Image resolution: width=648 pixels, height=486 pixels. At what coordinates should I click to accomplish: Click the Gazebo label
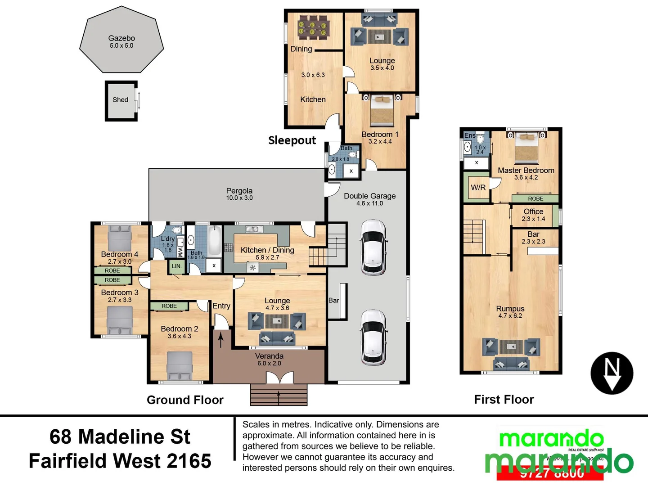click(121, 38)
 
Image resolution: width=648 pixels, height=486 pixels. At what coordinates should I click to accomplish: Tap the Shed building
click(121, 100)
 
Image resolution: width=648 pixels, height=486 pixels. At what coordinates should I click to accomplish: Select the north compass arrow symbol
click(612, 373)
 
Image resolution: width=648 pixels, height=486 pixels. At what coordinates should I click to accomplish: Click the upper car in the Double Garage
click(373, 247)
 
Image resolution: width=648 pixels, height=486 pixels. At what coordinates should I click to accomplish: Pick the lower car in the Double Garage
click(373, 337)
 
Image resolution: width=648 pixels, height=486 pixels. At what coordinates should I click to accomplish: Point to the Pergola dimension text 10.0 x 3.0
click(239, 198)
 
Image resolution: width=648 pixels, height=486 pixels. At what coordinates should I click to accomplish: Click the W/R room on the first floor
click(478, 187)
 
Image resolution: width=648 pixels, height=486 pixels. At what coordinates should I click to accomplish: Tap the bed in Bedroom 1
click(382, 111)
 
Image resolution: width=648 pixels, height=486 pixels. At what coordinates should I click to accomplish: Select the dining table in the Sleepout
click(314, 28)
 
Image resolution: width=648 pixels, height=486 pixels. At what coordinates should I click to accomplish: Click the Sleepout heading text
click(292, 140)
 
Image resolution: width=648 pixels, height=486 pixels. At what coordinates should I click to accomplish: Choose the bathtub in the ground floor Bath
click(215, 242)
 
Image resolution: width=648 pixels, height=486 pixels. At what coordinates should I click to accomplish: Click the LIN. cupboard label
click(176, 266)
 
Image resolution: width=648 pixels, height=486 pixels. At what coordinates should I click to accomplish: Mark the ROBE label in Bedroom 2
click(169, 306)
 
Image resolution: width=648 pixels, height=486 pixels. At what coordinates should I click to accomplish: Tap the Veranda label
click(269, 356)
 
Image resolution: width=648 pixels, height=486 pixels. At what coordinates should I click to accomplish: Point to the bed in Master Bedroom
click(526, 147)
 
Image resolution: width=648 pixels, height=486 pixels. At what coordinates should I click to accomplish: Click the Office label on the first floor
click(533, 211)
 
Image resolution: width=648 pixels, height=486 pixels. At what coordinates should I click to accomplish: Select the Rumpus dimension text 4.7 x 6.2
click(510, 316)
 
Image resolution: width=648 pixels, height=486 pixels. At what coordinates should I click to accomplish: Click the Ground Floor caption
click(185, 400)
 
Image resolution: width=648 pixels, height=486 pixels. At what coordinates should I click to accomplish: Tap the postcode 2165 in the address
click(189, 461)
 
